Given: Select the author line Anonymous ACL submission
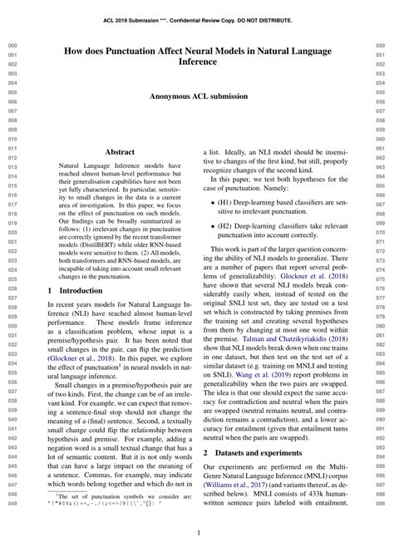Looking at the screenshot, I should point(196,97).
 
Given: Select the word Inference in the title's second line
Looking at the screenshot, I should point(196,63).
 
